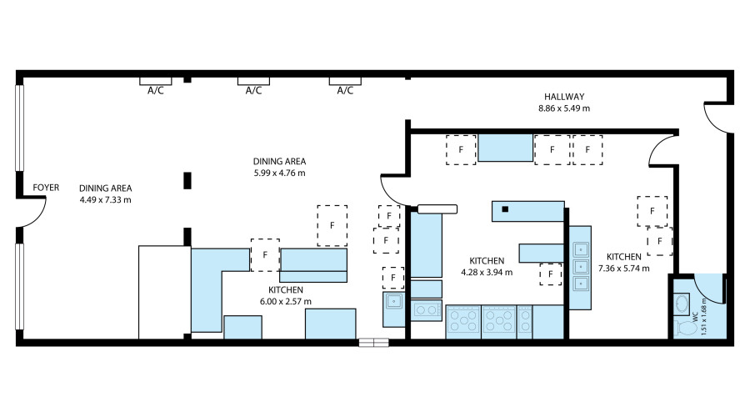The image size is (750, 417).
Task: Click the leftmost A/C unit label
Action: [155, 91]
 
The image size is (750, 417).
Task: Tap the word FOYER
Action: [46, 188]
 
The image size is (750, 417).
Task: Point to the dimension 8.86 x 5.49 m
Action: [564, 108]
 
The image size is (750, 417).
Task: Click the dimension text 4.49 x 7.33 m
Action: [106, 200]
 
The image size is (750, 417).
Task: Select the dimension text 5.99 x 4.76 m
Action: [279, 173]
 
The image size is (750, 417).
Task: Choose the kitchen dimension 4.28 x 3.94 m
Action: [487, 272]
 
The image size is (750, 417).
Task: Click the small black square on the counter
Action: [505, 210]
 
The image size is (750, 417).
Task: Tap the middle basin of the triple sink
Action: [581, 267]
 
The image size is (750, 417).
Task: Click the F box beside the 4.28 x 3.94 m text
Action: [550, 273]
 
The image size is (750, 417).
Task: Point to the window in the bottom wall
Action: [373, 342]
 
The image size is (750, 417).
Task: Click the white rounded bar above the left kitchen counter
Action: [437, 209]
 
